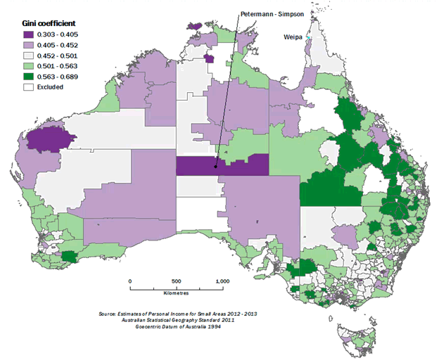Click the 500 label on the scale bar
tap(177, 281)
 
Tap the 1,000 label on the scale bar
tap(222, 281)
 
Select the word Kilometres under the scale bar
tap(176, 293)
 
